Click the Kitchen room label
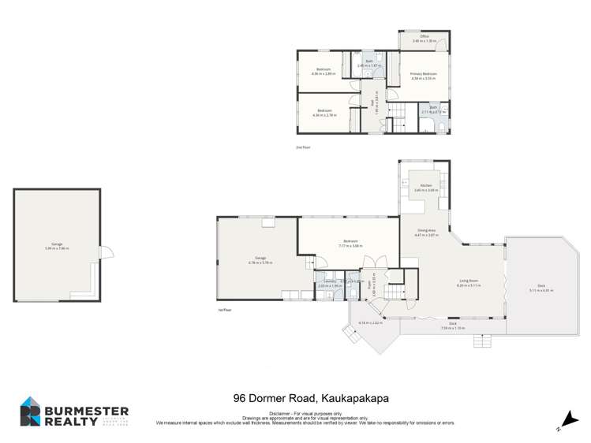tap(426, 186)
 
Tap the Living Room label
tap(470, 281)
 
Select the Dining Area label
tap(426, 231)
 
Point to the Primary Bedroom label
tap(423, 74)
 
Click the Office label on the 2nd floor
tap(424, 36)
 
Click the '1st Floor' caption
tap(224, 310)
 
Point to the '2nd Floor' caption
tap(301, 147)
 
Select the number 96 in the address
tap(239, 398)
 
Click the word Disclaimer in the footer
tap(280, 412)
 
